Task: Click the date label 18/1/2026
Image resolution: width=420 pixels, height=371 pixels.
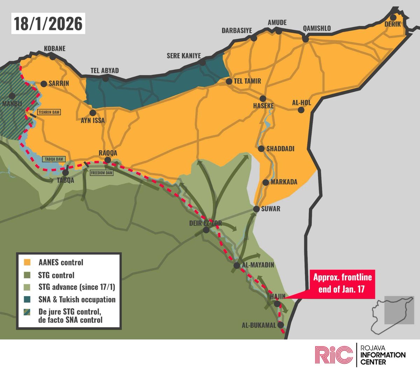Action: point(48,23)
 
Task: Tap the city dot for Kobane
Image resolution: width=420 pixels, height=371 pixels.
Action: point(52,57)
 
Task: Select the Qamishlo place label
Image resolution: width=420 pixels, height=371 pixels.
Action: point(317,28)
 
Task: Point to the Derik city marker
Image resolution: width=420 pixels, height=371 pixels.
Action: point(393,17)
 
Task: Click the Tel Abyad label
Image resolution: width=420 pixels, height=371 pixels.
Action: point(105,71)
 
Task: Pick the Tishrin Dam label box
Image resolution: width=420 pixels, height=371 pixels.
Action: point(49,112)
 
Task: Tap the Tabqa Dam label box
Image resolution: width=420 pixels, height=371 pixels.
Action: point(54,159)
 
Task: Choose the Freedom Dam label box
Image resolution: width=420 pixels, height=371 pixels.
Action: point(102,173)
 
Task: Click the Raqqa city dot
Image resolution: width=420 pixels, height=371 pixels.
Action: point(108,160)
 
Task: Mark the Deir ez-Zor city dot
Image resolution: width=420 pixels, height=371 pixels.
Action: point(206,230)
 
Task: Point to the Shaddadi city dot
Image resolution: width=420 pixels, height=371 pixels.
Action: point(261,148)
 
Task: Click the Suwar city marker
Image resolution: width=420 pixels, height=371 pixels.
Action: point(257,209)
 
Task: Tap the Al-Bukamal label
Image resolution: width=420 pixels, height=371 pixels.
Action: point(259,325)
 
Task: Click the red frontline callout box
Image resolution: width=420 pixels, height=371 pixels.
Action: point(342,284)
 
